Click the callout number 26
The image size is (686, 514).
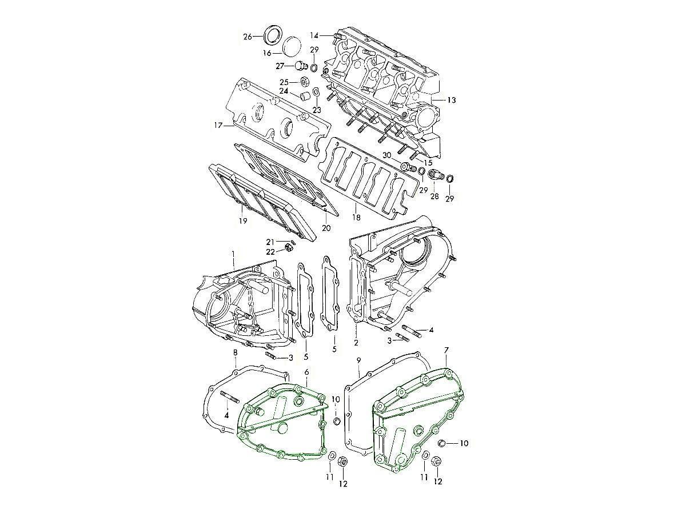click(248, 37)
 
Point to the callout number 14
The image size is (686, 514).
click(314, 35)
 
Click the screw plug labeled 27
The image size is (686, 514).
click(301, 66)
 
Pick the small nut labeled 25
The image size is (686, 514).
click(305, 82)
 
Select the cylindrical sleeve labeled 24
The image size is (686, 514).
click(305, 96)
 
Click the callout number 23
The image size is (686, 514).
click(317, 110)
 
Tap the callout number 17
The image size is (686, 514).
click(218, 126)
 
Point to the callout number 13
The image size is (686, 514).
click(452, 100)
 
